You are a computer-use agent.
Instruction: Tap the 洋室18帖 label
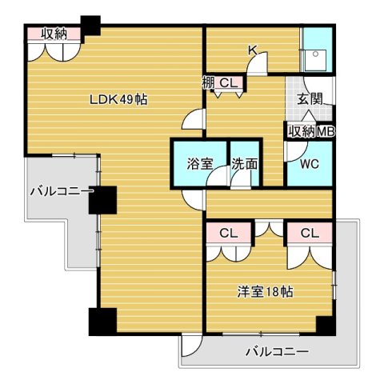pos(264,292)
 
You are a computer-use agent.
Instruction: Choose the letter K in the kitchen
pos(253,50)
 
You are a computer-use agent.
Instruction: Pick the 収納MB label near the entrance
pos(310,132)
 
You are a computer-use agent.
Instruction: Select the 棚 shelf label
pos(208,82)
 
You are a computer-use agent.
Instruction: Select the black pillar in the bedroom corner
pos(325,325)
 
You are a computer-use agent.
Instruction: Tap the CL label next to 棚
pos(228,82)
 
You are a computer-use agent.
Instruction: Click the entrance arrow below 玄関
pos(308,116)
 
